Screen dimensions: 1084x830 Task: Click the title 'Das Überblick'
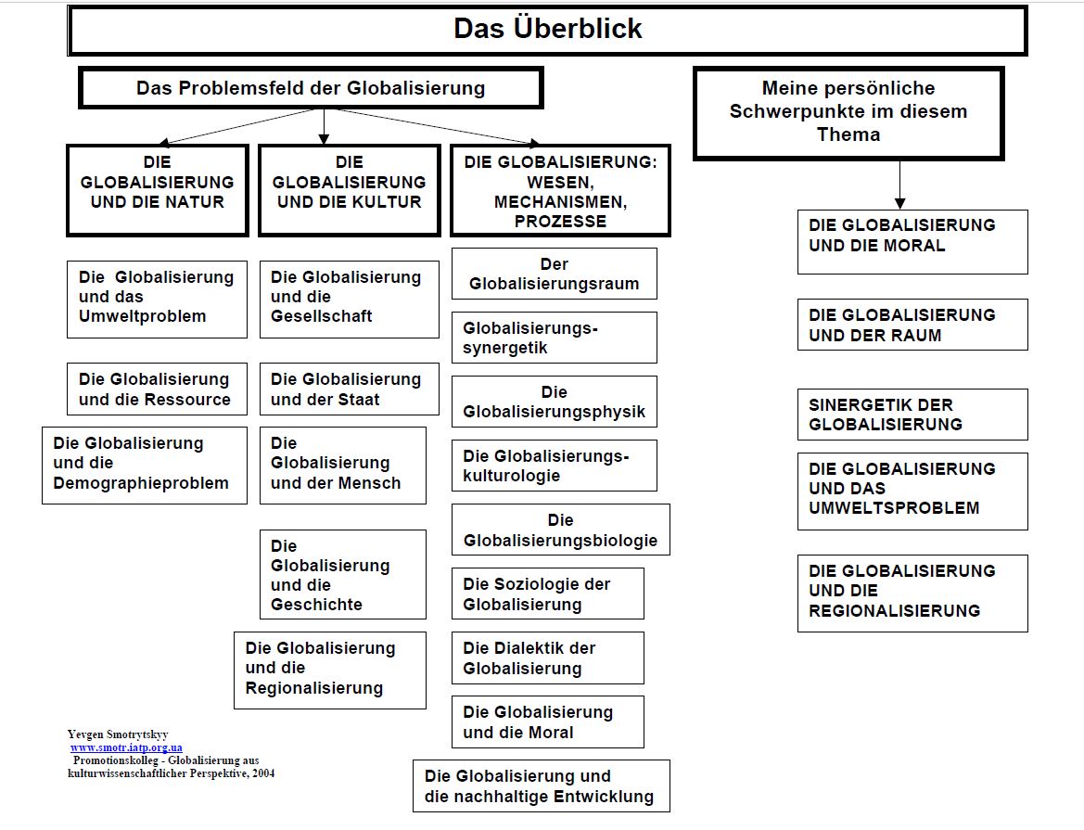(x=547, y=29)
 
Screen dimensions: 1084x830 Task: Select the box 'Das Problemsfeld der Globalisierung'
(x=311, y=88)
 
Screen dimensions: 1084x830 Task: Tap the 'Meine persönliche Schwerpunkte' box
(x=848, y=113)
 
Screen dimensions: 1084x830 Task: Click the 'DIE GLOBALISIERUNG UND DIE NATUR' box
(x=158, y=190)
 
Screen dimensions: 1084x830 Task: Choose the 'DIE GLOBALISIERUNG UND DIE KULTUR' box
(x=349, y=190)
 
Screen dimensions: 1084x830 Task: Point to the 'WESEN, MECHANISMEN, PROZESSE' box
(x=560, y=190)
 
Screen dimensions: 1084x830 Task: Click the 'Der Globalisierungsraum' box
(x=555, y=274)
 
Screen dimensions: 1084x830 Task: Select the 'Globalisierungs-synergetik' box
(x=555, y=338)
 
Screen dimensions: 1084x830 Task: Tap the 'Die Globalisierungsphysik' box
(x=555, y=402)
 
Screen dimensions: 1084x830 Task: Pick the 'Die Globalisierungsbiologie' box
(x=561, y=530)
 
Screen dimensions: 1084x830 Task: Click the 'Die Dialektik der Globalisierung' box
(x=547, y=658)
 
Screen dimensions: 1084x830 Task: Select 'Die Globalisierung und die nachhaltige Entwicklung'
(x=542, y=785)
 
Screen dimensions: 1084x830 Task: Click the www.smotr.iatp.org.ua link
(x=126, y=747)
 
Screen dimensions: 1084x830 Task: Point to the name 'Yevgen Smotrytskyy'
(x=118, y=734)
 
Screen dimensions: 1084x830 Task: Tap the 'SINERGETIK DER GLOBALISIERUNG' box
(x=912, y=415)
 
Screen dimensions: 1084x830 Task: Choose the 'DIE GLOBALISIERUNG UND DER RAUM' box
(x=912, y=325)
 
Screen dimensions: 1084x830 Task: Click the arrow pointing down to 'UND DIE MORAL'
(x=899, y=185)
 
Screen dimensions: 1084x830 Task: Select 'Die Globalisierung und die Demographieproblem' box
(x=145, y=466)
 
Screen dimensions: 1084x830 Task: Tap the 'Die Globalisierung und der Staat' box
(x=349, y=389)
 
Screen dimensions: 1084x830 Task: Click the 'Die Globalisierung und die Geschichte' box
(x=343, y=574)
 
